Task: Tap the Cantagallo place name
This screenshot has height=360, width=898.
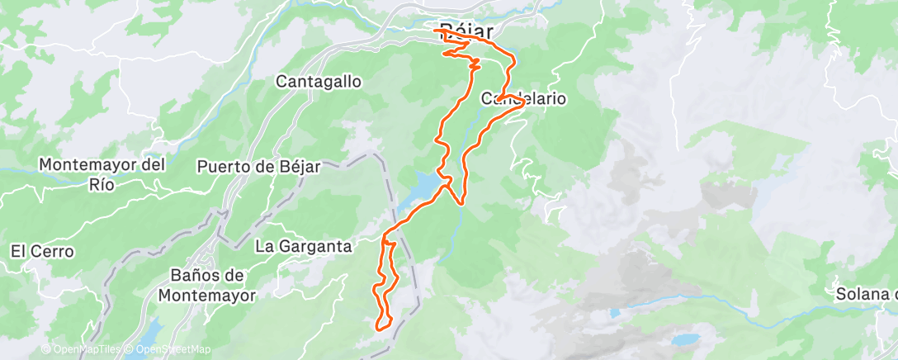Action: click(x=318, y=82)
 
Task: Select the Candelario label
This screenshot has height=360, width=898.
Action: click(x=523, y=98)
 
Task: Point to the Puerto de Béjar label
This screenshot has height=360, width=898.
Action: click(x=258, y=166)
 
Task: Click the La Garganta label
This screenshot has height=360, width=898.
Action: click(x=303, y=246)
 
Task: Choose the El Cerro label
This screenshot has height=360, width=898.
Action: click(x=42, y=251)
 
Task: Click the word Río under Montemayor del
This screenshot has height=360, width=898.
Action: click(x=102, y=184)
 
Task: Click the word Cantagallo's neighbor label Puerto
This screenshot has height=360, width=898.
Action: click(x=220, y=166)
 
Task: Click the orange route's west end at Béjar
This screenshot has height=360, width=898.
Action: click(x=434, y=31)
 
